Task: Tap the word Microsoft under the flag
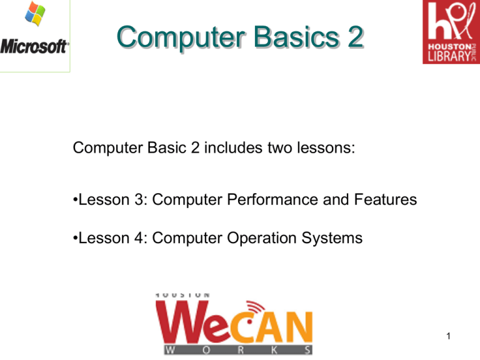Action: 35,47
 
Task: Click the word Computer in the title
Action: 163,39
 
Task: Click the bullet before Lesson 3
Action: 75,201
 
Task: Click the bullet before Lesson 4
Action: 75,237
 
